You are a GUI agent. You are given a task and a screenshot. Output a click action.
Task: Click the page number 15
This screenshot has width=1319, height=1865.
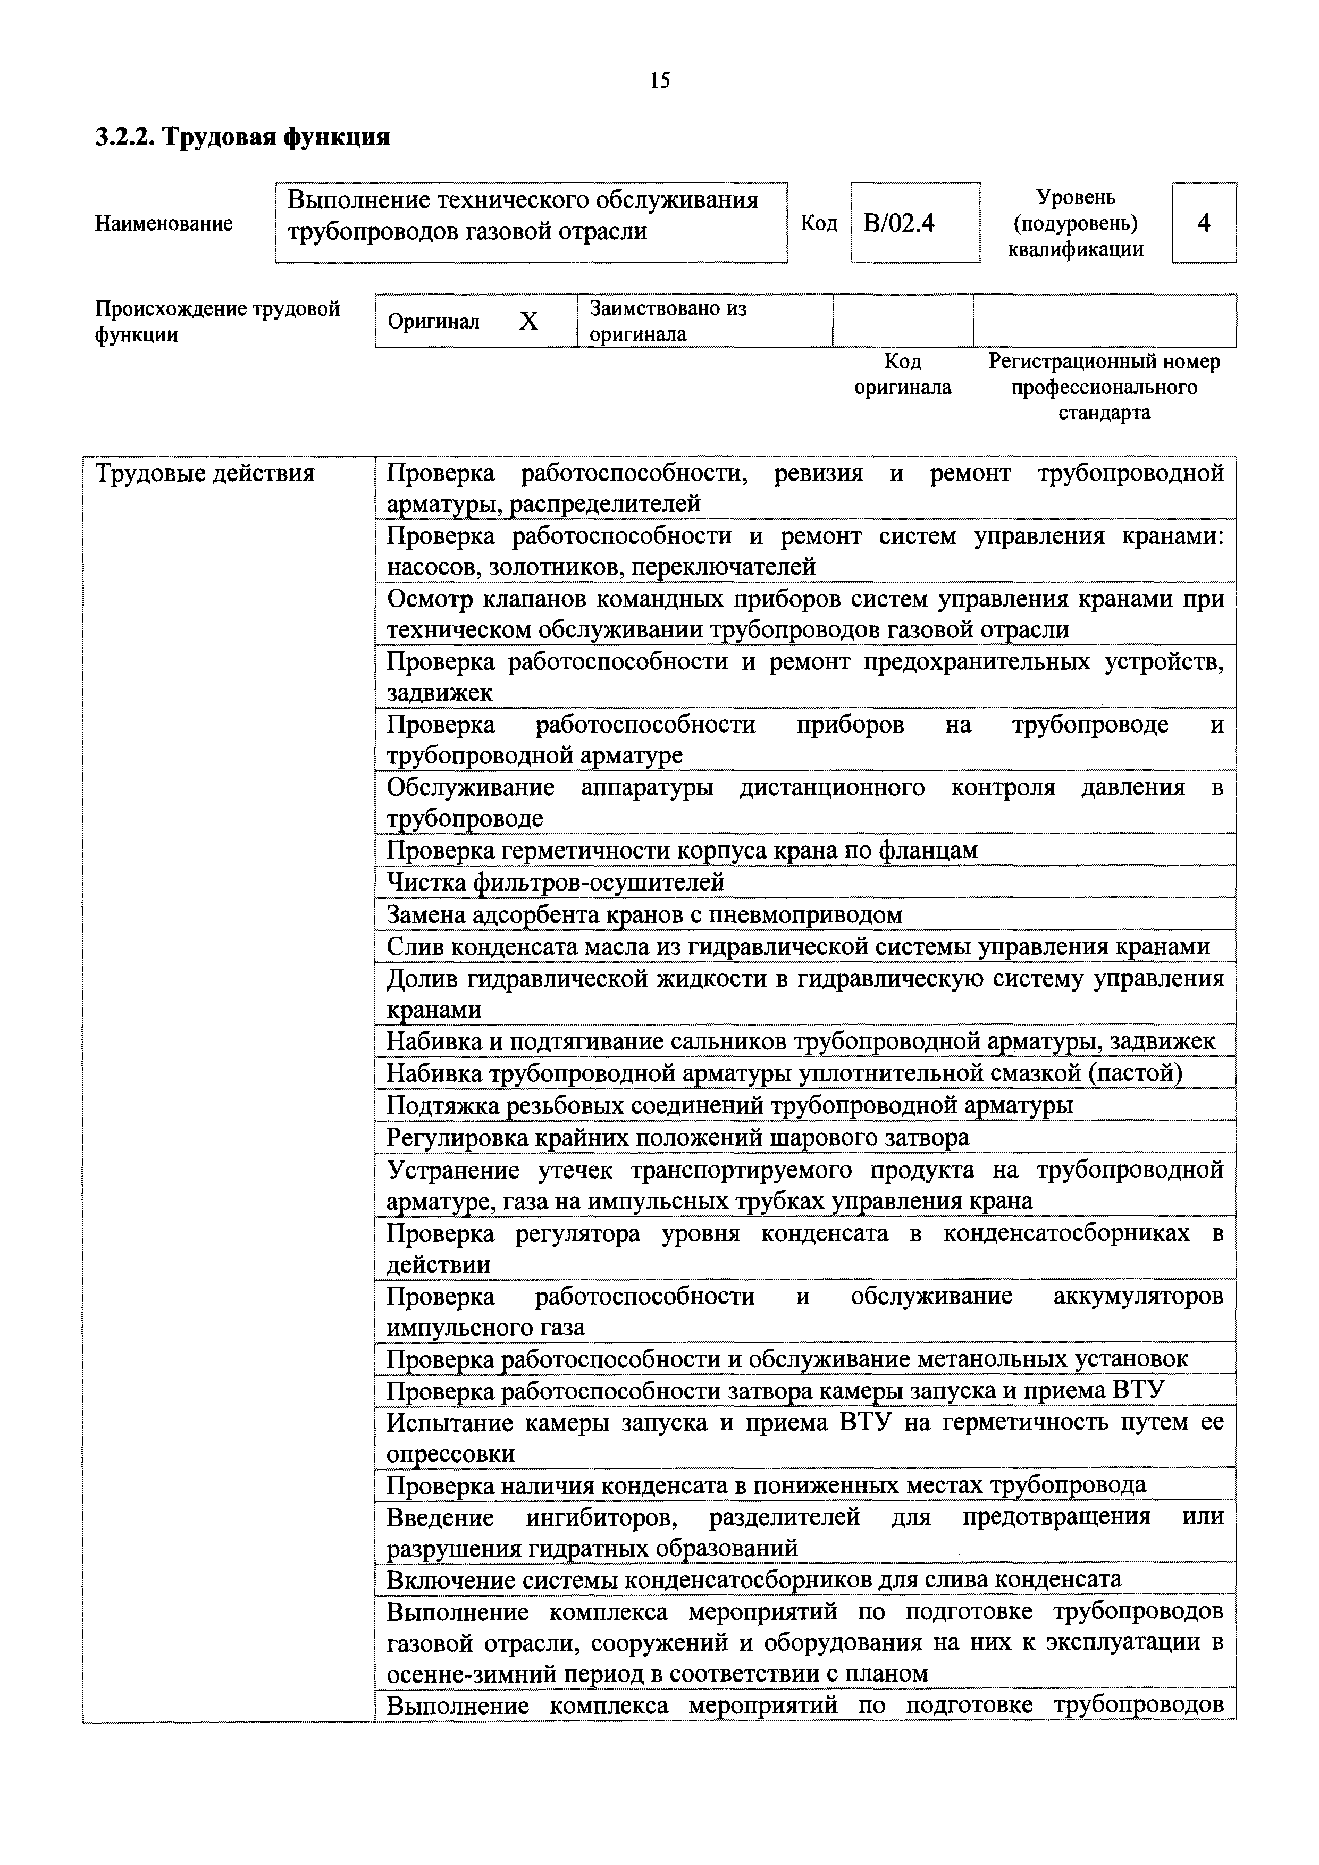point(659,80)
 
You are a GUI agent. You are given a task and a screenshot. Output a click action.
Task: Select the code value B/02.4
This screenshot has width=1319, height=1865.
point(899,223)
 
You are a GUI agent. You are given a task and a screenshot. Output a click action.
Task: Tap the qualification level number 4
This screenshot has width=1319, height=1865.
point(1204,223)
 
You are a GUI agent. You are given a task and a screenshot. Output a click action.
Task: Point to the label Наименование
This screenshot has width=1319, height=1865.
point(164,223)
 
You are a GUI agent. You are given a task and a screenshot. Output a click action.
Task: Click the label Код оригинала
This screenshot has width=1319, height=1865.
point(902,374)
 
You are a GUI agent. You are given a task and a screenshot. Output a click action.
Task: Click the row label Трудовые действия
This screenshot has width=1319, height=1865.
point(206,474)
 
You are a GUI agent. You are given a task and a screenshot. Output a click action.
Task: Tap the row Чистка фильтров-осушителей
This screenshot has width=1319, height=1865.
point(556,882)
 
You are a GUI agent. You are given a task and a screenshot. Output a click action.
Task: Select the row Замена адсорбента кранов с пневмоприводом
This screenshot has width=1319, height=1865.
point(644,915)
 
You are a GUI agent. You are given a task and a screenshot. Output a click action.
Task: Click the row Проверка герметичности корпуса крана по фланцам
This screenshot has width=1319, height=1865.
point(682,851)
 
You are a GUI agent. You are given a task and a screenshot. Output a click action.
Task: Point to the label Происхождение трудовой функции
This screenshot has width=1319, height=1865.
point(217,322)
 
